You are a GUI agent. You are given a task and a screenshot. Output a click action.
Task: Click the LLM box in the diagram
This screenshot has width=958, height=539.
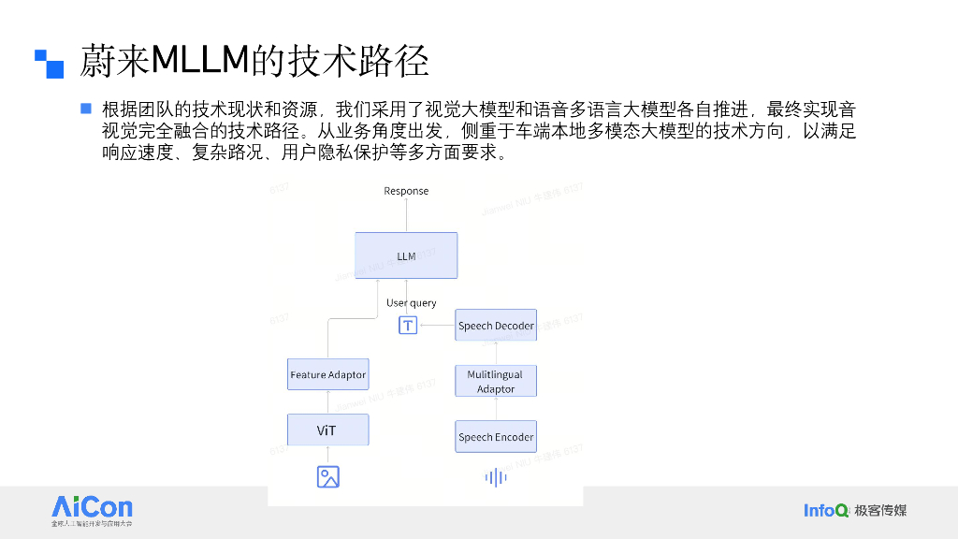click(x=406, y=255)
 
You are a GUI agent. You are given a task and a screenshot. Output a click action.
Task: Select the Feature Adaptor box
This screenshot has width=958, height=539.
click(x=327, y=375)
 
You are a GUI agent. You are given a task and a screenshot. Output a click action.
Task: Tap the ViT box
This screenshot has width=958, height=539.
click(x=327, y=430)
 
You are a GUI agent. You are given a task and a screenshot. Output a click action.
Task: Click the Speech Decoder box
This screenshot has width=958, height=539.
click(x=496, y=326)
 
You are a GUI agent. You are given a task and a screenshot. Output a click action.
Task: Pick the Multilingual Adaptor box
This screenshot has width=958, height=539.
click(x=496, y=381)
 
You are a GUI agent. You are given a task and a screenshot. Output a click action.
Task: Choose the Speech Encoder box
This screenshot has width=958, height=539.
click(x=496, y=437)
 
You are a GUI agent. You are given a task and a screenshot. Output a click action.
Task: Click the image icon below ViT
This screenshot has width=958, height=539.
click(x=327, y=477)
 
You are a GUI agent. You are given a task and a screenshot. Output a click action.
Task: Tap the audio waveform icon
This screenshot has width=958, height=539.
click(x=496, y=478)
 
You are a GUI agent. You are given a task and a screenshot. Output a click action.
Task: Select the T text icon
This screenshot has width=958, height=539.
click(x=408, y=326)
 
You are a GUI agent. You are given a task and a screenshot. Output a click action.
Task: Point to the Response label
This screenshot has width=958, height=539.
click(x=406, y=191)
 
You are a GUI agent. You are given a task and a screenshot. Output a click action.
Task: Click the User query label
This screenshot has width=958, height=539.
click(x=412, y=303)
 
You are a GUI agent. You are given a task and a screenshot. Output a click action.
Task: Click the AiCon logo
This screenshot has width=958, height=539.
click(x=92, y=511)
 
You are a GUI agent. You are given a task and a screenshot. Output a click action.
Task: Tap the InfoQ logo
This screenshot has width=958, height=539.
click(x=826, y=510)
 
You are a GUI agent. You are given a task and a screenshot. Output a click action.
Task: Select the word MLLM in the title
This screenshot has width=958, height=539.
click(x=198, y=61)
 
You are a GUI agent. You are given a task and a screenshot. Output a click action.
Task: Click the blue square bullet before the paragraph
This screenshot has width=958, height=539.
click(x=86, y=109)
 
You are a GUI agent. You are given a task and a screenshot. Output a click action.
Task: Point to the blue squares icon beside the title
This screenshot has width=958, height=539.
click(x=49, y=63)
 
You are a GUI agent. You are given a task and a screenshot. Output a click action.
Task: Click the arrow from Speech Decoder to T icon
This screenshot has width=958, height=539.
click(x=437, y=326)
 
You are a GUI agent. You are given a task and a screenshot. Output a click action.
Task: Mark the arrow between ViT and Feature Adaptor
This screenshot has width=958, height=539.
click(x=327, y=402)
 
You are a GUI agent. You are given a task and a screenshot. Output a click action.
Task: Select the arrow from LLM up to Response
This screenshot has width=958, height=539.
click(x=406, y=215)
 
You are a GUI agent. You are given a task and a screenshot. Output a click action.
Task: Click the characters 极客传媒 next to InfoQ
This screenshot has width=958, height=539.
click(x=880, y=510)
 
